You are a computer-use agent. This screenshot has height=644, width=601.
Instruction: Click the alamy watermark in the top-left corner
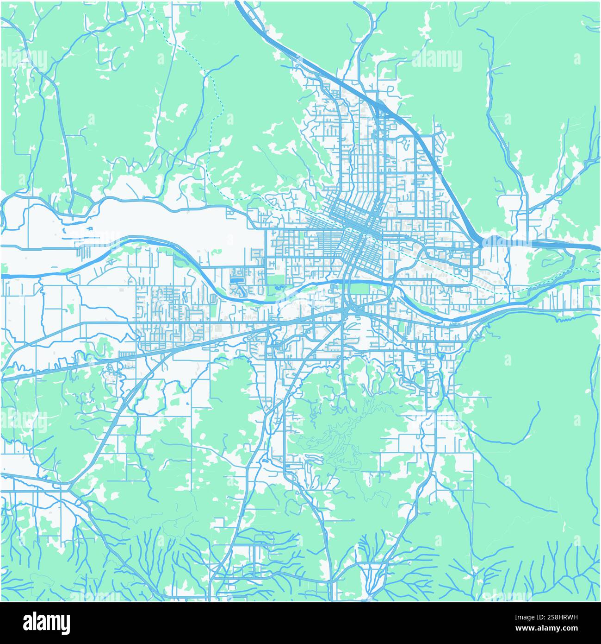coord(24,59)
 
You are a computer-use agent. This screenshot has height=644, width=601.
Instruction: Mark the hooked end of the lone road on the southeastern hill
coord(539,403)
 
